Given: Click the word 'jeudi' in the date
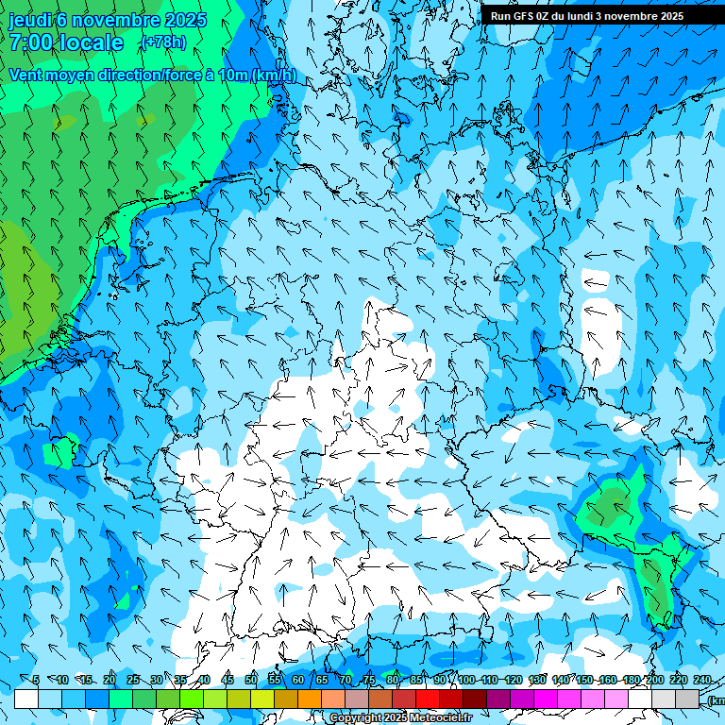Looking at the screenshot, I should (30, 19).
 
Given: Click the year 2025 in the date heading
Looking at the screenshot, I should (185, 19).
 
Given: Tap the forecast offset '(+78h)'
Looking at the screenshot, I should (162, 42).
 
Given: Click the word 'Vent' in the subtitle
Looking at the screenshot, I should (26, 75).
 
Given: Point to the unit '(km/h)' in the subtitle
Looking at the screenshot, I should (274, 75).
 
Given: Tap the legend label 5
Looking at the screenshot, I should (36, 680).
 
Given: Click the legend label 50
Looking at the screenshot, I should (251, 680).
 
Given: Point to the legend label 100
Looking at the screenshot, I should (466, 680).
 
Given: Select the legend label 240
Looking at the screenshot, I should (702, 680).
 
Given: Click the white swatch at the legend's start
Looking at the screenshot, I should (26, 699).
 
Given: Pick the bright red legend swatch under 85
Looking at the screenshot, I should (428, 699).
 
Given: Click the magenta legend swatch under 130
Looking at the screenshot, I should (546, 699).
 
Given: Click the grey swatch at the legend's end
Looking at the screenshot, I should (687, 699).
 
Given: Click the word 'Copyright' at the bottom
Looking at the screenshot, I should (356, 718).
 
